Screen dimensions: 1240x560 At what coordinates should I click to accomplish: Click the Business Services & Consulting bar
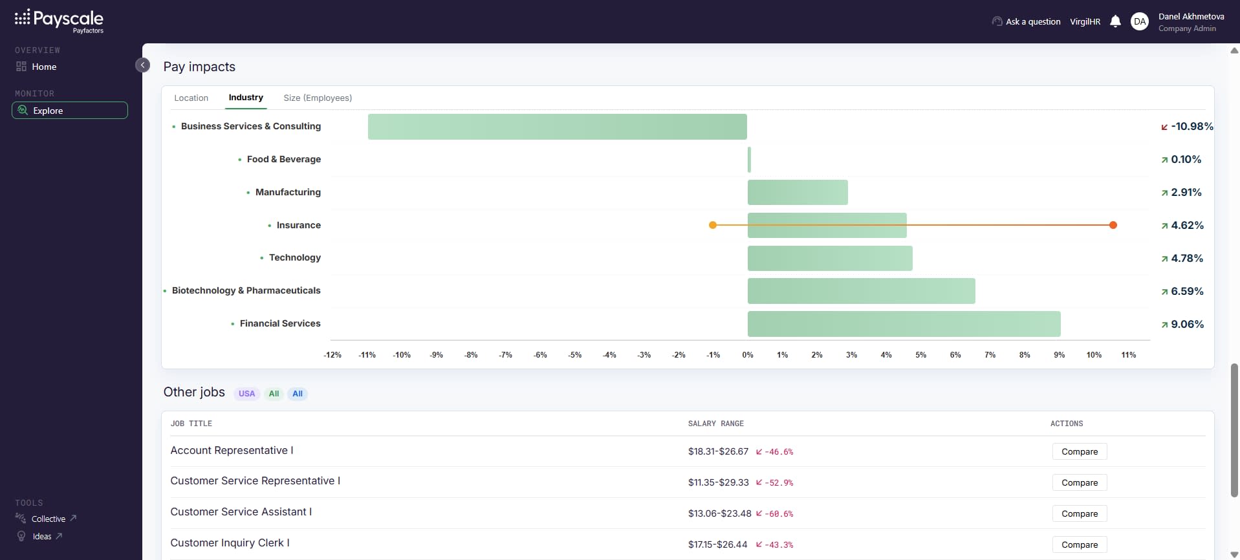(x=558, y=127)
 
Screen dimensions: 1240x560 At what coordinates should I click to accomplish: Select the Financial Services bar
(x=904, y=324)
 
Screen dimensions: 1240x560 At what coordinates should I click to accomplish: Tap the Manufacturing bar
(x=798, y=193)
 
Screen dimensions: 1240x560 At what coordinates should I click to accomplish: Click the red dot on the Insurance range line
(x=1113, y=225)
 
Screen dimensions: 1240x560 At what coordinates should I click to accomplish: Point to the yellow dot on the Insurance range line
(x=713, y=225)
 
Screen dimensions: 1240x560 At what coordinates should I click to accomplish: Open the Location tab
(x=191, y=98)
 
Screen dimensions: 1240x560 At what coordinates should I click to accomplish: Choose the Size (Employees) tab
(x=318, y=98)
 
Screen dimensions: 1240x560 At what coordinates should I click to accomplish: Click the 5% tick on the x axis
(x=920, y=355)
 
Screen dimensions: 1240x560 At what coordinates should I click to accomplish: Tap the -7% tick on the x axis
(x=505, y=355)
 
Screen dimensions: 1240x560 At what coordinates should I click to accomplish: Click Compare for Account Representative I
(x=1080, y=451)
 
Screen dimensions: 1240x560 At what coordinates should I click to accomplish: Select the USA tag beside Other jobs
(x=246, y=394)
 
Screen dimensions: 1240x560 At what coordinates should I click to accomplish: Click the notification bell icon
(x=1115, y=21)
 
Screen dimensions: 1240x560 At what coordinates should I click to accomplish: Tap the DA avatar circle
(x=1140, y=21)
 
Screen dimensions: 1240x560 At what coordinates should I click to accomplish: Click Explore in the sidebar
(x=70, y=111)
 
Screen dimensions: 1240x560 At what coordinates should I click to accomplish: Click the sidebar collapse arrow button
(x=143, y=65)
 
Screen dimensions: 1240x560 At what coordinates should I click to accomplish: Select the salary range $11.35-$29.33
(x=718, y=482)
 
